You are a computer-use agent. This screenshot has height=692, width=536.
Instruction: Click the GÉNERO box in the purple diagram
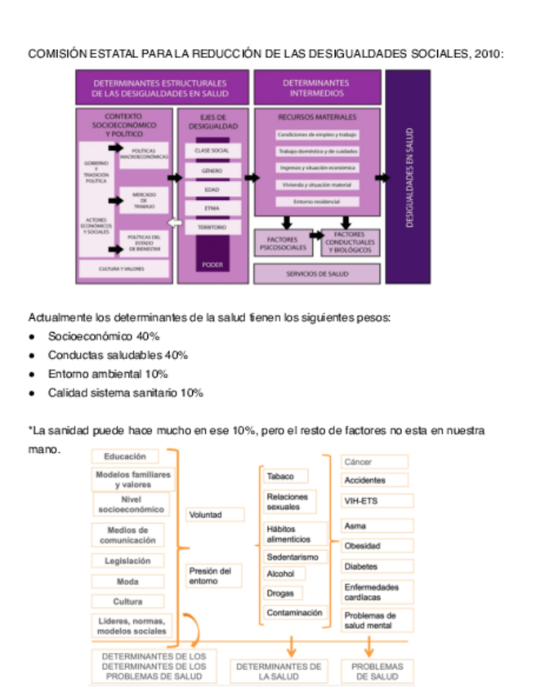[x=212, y=171]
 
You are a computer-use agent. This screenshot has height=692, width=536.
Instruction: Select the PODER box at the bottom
[x=212, y=264]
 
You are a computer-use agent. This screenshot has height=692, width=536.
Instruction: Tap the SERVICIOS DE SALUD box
[x=317, y=274]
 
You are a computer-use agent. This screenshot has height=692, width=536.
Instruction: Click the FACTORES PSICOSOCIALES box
[x=283, y=243]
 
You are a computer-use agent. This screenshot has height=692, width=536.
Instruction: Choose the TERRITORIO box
[x=212, y=227]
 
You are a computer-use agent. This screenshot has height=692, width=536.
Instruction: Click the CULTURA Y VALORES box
[x=123, y=268]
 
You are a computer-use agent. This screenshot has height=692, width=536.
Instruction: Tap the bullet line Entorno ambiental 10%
[x=107, y=374]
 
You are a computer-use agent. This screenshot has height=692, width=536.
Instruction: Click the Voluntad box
[x=214, y=515]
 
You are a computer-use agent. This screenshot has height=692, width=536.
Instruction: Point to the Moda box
[x=127, y=582]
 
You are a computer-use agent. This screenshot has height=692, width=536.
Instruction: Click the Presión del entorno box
[x=214, y=575]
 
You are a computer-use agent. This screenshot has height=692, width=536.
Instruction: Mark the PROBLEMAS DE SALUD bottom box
[x=377, y=671]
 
